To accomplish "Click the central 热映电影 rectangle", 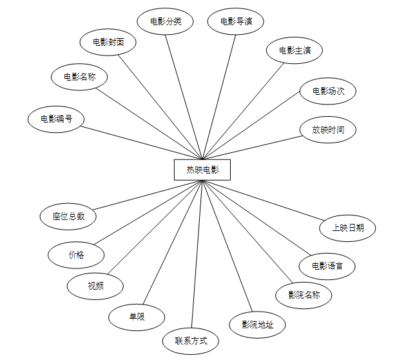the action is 202,170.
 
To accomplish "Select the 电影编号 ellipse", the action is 56,119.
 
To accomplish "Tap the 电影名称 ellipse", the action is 79,77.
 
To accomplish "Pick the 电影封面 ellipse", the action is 108,42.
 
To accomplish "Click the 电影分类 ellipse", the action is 166,21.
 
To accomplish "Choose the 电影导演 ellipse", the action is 236,21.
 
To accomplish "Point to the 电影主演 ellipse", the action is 295,50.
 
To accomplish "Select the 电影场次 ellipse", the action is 328,91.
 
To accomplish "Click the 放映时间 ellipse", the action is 328,130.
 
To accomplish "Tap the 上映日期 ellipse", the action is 348,227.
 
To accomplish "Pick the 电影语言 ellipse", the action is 327,265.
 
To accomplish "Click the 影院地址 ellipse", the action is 258,324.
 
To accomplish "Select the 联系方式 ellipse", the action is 191,340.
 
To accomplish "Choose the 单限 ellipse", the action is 137,316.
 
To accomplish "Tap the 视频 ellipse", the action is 95,285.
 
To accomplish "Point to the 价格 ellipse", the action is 76,254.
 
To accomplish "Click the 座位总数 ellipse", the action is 68,216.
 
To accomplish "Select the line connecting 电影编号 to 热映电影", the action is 142,142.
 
